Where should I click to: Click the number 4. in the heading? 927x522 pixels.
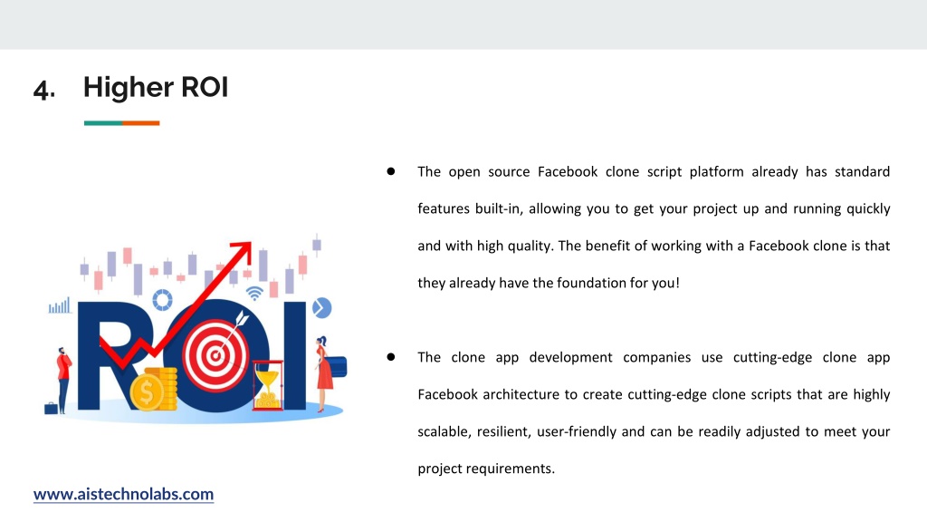(44, 90)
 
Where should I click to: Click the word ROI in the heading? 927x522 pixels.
(205, 87)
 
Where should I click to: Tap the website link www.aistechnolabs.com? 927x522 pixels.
(123, 494)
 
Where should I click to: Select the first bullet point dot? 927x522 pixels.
(391, 171)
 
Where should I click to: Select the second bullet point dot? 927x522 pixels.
(391, 357)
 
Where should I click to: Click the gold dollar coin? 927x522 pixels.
(147, 392)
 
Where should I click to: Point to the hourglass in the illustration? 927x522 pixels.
(268, 385)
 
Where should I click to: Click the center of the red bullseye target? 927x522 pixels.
(215, 355)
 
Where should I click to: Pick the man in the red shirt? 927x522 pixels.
(63, 380)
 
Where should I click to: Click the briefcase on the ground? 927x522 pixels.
(51, 408)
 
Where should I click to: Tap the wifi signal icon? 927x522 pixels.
(254, 294)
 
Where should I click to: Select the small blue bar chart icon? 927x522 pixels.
(59, 305)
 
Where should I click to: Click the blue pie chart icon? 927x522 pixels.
(321, 308)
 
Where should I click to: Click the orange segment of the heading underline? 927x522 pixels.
(140, 123)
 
